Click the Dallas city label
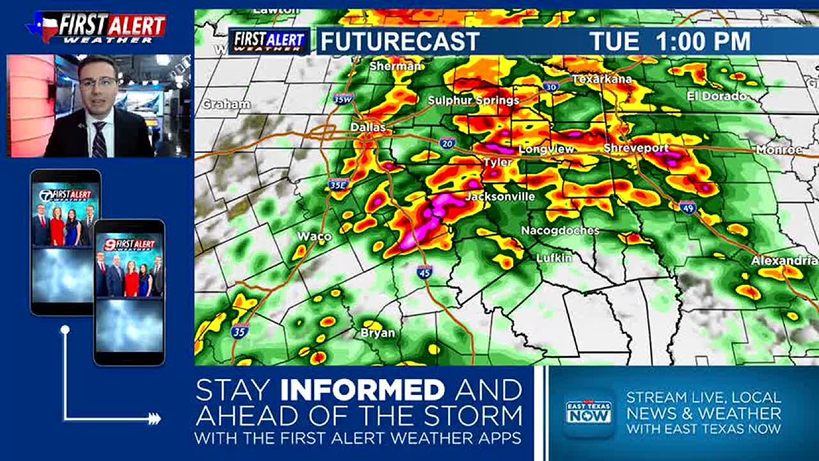tap(368, 127)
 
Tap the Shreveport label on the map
tap(636, 148)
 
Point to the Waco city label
tap(314, 236)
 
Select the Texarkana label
tap(601, 79)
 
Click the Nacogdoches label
tap(560, 230)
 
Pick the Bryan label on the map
tap(378, 333)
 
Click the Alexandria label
tap(784, 261)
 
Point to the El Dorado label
tap(717, 96)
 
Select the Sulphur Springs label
tap(473, 100)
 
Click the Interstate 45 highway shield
tap(424, 271)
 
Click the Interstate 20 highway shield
tap(448, 143)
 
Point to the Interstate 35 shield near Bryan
tap(240, 331)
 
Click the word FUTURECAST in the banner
tap(400, 42)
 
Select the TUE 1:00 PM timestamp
tap(670, 42)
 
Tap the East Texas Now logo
tap(588, 412)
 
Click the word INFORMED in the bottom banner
tap(363, 389)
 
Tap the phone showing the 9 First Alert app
tap(129, 292)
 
